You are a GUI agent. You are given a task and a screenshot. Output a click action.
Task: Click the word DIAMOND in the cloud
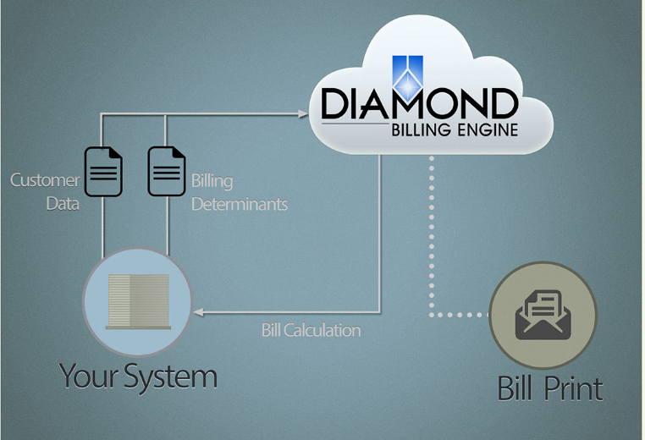click(419, 104)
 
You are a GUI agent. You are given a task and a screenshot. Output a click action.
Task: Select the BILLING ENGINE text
click(453, 130)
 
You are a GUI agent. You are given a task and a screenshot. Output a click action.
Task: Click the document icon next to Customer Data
click(103, 172)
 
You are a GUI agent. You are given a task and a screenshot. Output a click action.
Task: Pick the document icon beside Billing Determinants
click(167, 172)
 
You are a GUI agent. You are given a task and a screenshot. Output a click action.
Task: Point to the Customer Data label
click(45, 191)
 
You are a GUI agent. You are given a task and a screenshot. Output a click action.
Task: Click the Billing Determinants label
click(239, 192)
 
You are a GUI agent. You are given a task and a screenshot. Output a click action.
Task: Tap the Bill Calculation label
click(311, 330)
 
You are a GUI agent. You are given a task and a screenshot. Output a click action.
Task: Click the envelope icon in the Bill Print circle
click(543, 315)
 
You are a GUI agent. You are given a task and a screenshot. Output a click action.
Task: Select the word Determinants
click(239, 204)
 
